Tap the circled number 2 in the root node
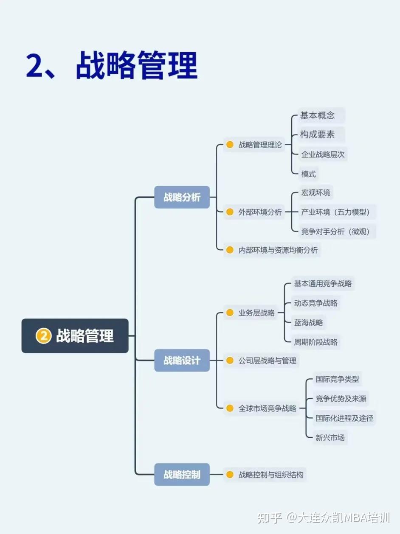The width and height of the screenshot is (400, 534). point(43,336)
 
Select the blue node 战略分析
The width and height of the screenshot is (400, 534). point(182,197)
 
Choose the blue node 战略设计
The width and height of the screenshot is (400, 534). point(182,361)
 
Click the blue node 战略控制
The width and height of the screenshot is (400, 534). point(182,474)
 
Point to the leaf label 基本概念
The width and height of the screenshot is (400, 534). point(318,115)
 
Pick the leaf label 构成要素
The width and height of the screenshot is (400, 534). point(318,135)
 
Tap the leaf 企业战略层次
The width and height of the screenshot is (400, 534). point(323,154)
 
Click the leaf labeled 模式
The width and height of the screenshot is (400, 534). point(308,173)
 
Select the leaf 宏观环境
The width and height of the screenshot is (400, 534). point(315,193)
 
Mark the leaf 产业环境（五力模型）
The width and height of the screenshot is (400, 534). point(338,212)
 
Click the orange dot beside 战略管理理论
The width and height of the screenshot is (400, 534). point(230,145)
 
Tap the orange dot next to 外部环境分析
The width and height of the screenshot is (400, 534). point(230,212)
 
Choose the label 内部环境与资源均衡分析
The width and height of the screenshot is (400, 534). point(278,250)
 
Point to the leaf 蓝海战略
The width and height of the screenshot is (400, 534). point(308,322)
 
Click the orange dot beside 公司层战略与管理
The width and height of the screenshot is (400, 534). point(230,361)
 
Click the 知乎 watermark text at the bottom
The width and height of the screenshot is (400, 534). point(270,517)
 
